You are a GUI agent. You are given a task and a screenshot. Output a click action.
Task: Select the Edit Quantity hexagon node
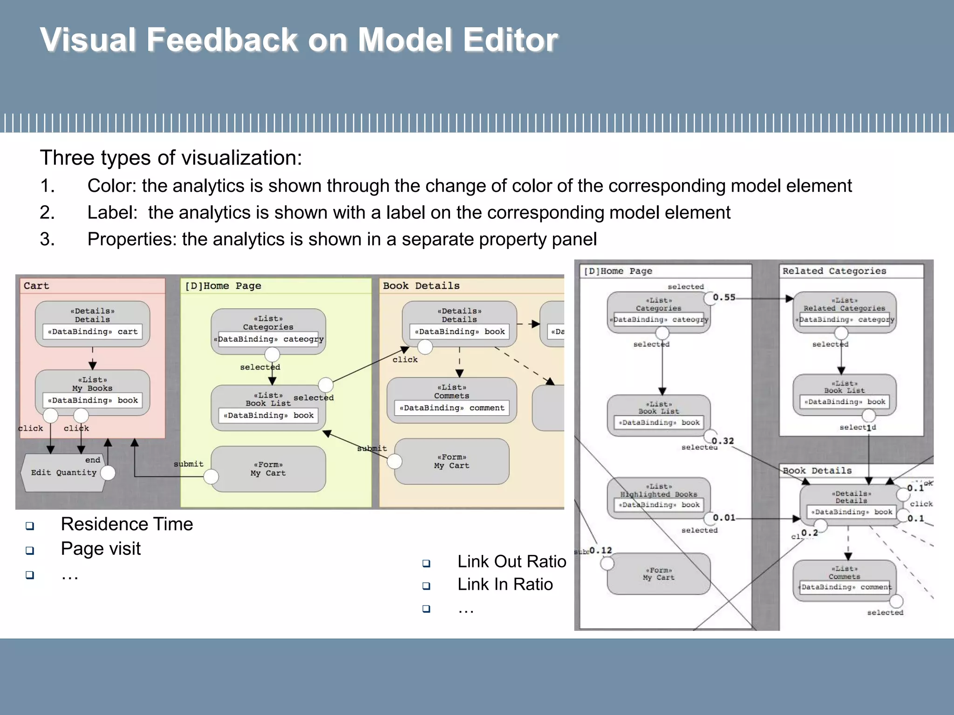[x=63, y=473]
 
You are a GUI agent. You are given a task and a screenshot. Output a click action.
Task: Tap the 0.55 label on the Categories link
[x=724, y=297]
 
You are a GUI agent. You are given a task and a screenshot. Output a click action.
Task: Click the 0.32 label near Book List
[x=722, y=441]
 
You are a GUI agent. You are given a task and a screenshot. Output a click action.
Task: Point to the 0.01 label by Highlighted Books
[x=724, y=518]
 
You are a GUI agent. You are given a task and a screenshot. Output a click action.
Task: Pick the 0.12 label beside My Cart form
[x=600, y=551]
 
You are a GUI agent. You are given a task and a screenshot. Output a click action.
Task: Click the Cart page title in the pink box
[x=36, y=286]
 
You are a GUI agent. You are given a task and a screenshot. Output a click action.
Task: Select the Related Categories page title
[x=834, y=271]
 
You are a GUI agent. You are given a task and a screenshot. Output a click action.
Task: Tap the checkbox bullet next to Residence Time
[x=30, y=526]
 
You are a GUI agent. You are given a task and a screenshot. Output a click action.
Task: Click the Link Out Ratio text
[x=511, y=561]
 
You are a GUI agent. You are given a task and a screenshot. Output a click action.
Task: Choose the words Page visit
[x=101, y=549]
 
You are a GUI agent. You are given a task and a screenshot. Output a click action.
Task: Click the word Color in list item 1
[x=111, y=186]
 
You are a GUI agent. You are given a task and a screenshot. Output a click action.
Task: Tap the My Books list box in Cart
[x=92, y=392]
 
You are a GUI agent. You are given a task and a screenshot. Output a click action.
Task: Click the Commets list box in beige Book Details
[x=451, y=399]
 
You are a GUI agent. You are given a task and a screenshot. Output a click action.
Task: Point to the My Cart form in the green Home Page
[x=268, y=469]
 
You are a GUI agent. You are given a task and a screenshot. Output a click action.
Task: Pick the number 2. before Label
[x=47, y=213]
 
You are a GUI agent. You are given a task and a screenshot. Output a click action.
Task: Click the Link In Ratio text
[x=505, y=584]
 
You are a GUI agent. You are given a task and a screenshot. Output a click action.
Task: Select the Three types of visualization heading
[x=171, y=158]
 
